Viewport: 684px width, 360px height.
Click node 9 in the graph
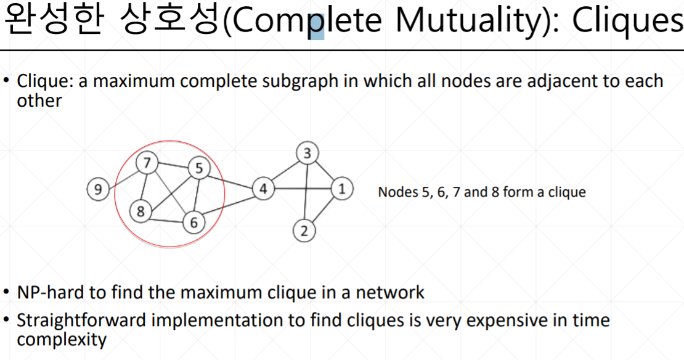[97, 189]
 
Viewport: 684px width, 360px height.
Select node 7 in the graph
[147, 163]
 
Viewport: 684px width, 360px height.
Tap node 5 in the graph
[198, 168]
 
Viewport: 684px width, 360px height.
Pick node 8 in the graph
[140, 211]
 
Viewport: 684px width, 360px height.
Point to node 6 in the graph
[193, 222]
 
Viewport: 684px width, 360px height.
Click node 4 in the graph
[263, 189]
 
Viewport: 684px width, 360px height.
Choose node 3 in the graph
[307, 153]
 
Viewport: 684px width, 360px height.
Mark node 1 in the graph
[342, 189]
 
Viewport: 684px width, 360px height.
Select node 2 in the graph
[303, 231]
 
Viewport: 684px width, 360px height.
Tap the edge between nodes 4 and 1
[303, 189]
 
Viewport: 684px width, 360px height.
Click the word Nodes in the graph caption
[398, 192]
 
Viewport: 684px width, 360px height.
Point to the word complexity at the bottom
[62, 340]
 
